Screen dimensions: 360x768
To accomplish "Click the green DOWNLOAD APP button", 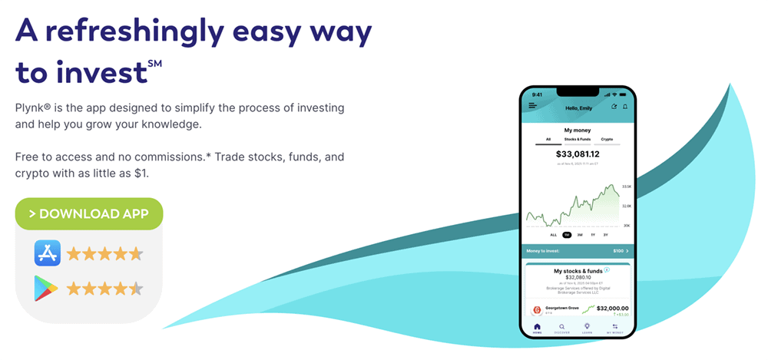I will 89,213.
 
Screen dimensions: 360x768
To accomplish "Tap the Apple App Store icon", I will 47,253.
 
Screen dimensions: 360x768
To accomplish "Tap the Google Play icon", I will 47,289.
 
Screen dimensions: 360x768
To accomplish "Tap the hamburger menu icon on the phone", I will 532,106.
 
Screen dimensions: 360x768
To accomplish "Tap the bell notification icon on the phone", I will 624,106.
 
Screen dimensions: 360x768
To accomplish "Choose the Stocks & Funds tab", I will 577,140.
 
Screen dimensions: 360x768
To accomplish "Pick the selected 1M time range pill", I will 567,235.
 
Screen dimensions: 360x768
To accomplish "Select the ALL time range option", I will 553,235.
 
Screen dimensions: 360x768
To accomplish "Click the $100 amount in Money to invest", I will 617,251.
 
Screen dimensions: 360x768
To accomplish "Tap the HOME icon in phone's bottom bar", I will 537,327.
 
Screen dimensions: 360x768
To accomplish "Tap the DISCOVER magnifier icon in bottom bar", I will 561,327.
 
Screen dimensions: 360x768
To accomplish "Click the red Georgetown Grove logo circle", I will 537,309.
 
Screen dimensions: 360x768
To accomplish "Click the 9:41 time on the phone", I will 537,94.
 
